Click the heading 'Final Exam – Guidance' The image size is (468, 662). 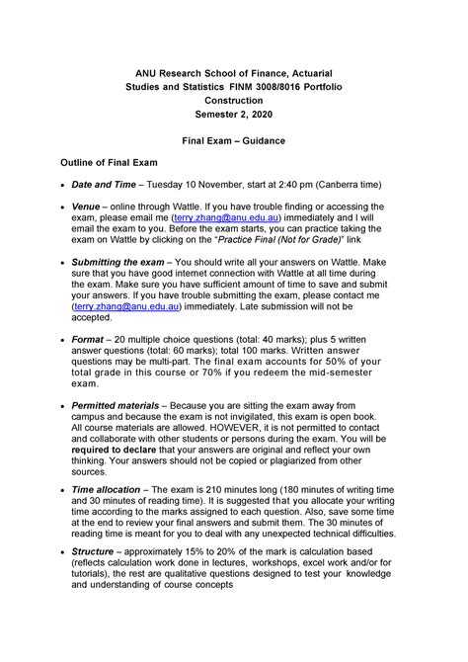[234, 141]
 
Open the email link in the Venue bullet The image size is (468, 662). [227, 217]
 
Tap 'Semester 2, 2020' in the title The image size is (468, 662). [234, 115]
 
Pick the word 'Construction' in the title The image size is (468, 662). [234, 101]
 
